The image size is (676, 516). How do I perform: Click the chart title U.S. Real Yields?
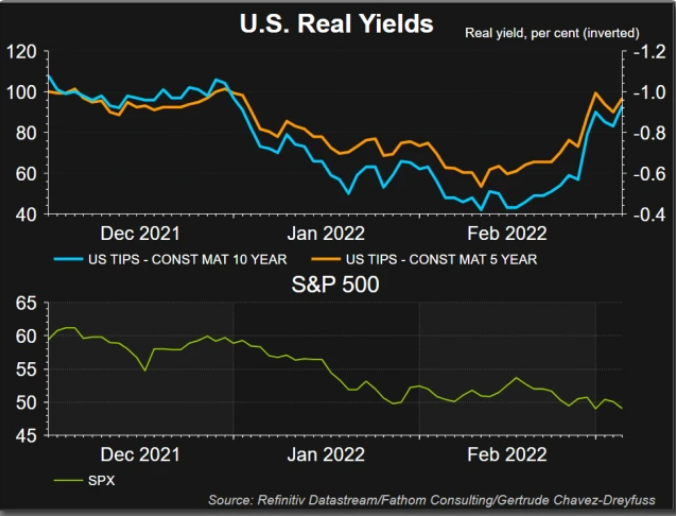[x=336, y=24]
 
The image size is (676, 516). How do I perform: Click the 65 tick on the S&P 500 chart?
[x=27, y=302]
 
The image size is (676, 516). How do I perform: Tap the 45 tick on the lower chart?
[x=27, y=436]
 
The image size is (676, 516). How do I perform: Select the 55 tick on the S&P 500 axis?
[x=27, y=369]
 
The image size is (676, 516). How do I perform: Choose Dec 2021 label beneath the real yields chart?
[x=140, y=233]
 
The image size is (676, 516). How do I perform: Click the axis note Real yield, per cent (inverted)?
[x=552, y=33]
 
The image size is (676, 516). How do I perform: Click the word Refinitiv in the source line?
[x=283, y=499]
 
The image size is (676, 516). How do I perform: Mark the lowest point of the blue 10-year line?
[x=481, y=210]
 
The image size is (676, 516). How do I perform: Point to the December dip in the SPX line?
[x=146, y=371]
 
